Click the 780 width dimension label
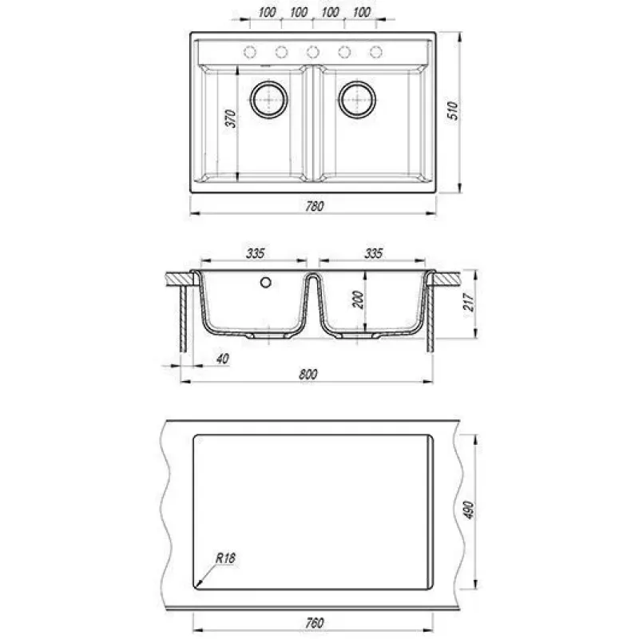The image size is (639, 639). pyautogui.click(x=315, y=206)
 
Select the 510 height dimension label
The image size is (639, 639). pyautogui.click(x=453, y=110)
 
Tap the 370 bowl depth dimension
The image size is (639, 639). pyautogui.click(x=231, y=118)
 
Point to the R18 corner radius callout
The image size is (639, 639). pyautogui.click(x=225, y=558)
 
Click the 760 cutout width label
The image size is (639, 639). pyautogui.click(x=315, y=623)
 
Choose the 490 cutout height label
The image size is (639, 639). pyautogui.click(x=469, y=510)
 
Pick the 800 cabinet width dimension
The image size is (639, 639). pyautogui.click(x=308, y=374)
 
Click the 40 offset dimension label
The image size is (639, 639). pyautogui.click(x=223, y=359)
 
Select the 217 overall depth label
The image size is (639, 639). pyautogui.click(x=469, y=302)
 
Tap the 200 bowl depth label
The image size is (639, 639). pyautogui.click(x=358, y=300)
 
